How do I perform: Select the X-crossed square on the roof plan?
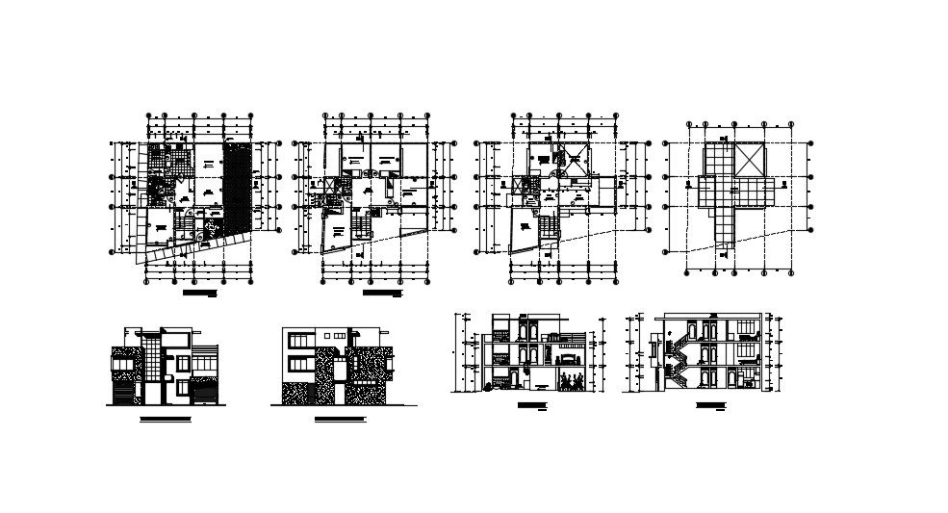point(748,158)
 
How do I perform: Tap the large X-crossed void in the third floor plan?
point(576,161)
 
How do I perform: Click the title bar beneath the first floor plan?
point(199,288)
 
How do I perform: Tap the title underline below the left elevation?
point(166,421)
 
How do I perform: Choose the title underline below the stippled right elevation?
point(341,421)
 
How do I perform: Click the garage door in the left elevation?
point(122,395)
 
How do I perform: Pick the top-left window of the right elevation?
point(298,339)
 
